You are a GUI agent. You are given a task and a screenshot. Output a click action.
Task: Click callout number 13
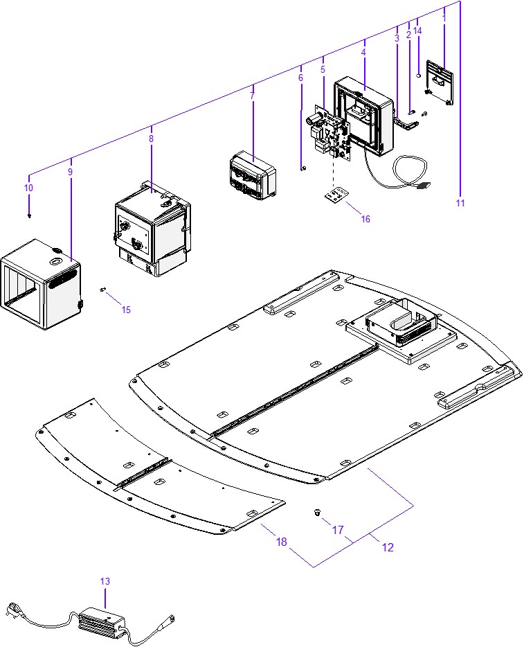click(x=105, y=581)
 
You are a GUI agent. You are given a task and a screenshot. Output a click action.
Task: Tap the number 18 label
click(x=281, y=542)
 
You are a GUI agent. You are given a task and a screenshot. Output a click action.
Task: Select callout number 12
click(x=388, y=547)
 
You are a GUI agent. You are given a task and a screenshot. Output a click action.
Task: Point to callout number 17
click(x=338, y=530)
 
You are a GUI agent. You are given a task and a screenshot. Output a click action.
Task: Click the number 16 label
click(x=365, y=219)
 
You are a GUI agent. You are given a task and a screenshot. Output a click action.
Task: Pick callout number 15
click(x=126, y=310)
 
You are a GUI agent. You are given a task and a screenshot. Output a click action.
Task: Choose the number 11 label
click(x=460, y=203)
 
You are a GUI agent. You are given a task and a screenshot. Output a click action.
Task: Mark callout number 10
click(x=28, y=188)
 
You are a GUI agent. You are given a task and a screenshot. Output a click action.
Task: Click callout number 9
click(x=71, y=171)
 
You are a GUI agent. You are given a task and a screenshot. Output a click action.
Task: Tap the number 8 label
click(x=151, y=139)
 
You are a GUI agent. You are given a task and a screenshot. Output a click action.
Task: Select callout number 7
click(x=252, y=96)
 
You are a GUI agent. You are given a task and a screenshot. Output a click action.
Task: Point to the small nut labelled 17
click(x=316, y=513)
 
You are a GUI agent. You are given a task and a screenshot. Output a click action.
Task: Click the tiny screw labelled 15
click(x=102, y=290)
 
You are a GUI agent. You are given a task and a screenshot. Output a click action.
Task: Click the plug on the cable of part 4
click(x=424, y=186)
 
